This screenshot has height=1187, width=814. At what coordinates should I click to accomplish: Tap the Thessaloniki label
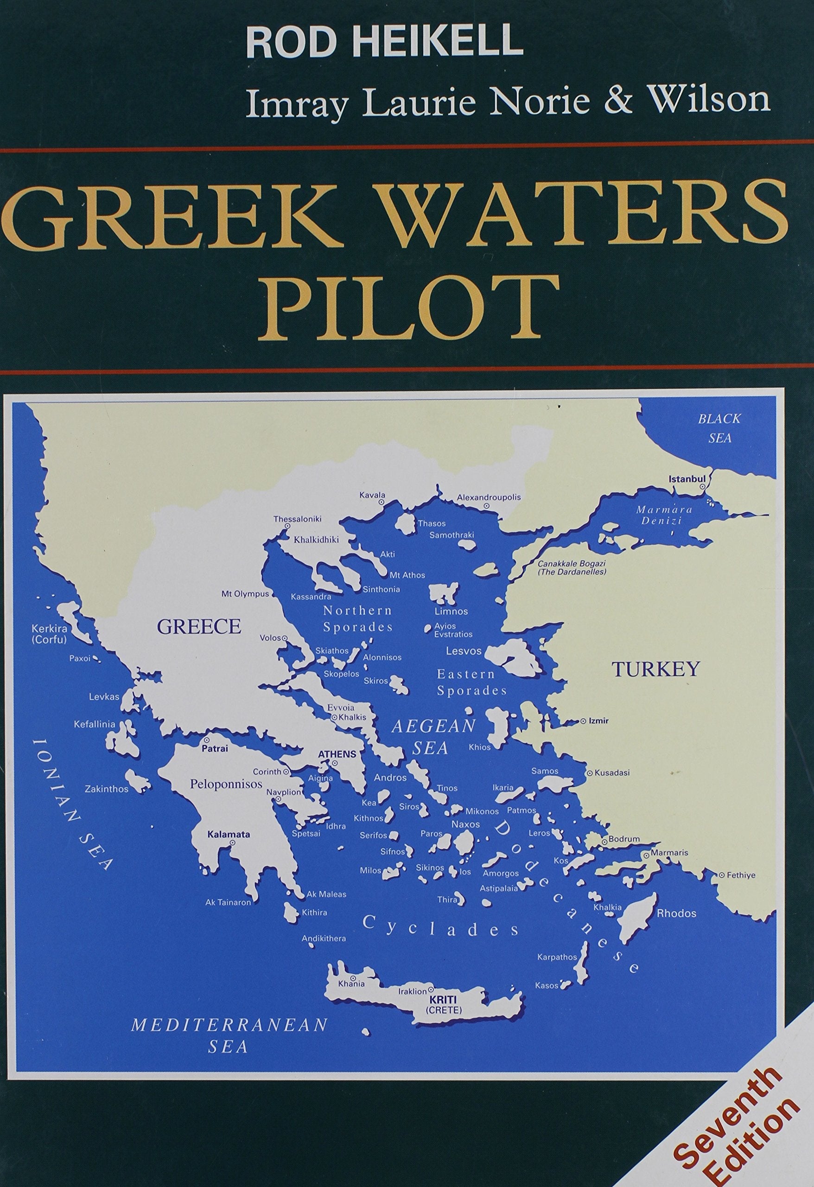[297, 518]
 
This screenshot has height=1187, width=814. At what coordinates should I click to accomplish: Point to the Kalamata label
[228, 835]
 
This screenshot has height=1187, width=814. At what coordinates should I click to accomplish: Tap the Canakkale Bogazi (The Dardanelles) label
[571, 568]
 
